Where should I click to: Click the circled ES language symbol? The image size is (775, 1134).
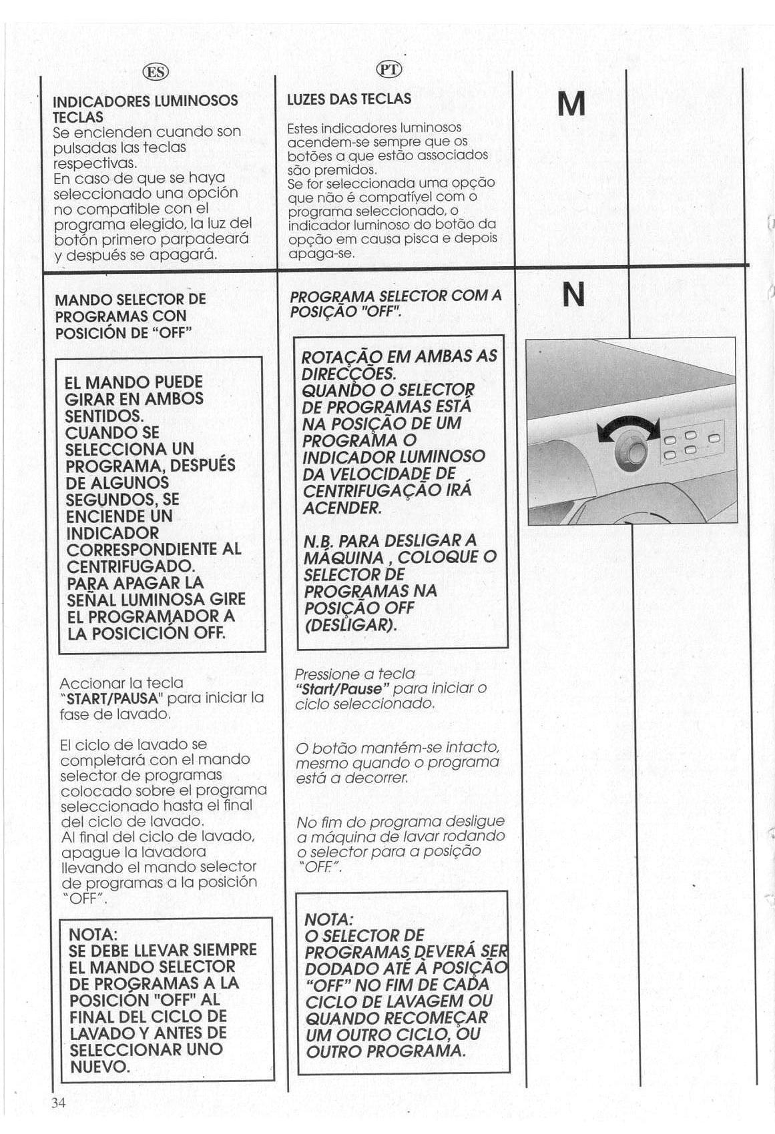(x=156, y=72)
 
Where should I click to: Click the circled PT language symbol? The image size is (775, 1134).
(x=390, y=69)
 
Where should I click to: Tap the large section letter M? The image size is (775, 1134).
(x=571, y=104)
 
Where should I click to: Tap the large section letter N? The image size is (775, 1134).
(x=573, y=294)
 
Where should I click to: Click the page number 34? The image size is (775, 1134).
(x=59, y=1102)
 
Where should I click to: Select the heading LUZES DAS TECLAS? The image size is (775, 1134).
(x=348, y=99)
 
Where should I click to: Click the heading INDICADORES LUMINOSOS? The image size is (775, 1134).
(x=145, y=101)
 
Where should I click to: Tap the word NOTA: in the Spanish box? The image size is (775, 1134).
(x=93, y=933)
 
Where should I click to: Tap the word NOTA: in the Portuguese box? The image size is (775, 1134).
(x=328, y=919)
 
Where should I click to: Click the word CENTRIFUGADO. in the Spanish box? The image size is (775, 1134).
(x=130, y=566)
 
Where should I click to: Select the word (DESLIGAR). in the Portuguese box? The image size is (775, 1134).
(x=350, y=625)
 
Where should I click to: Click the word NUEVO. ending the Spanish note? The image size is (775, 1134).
(x=99, y=1066)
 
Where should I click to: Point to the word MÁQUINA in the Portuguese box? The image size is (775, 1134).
(x=343, y=558)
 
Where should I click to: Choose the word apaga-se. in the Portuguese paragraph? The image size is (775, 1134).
(x=321, y=253)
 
